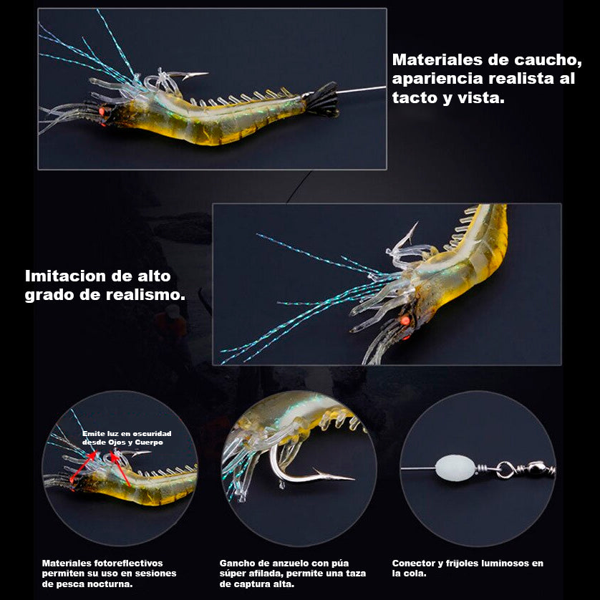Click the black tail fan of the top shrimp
tap(324, 100)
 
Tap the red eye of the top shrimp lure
tap(102, 112)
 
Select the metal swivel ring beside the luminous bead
tap(505, 470)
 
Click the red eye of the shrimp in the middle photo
tap(405, 320)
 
